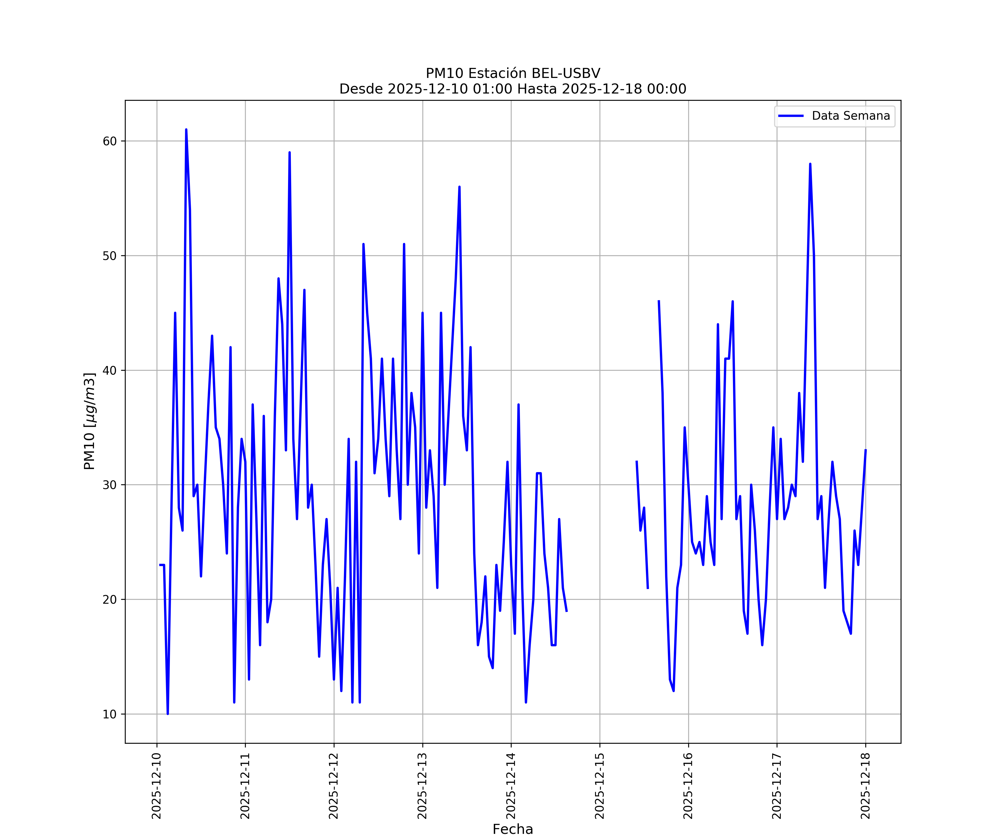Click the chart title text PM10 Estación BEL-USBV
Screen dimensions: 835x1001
pyautogui.click(x=513, y=73)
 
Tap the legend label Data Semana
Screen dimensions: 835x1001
pyautogui.click(x=851, y=116)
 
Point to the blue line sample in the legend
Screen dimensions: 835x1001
pyautogui.click(x=791, y=116)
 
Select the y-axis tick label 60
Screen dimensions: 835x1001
pyautogui.click(x=110, y=141)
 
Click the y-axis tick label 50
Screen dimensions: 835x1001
pyautogui.click(x=110, y=256)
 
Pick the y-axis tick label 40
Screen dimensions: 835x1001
pyautogui.click(x=110, y=370)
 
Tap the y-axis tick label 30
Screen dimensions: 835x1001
pyautogui.click(x=110, y=485)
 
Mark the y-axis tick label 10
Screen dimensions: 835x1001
pyautogui.click(x=110, y=714)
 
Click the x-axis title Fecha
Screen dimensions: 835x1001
pyautogui.click(x=513, y=829)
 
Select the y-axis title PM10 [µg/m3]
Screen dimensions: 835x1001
pyautogui.click(x=90, y=421)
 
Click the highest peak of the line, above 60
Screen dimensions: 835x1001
pyautogui.click(x=186, y=130)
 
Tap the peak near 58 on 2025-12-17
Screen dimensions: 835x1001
pyautogui.click(x=810, y=164)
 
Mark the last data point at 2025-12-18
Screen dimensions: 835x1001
pyautogui.click(x=866, y=450)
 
